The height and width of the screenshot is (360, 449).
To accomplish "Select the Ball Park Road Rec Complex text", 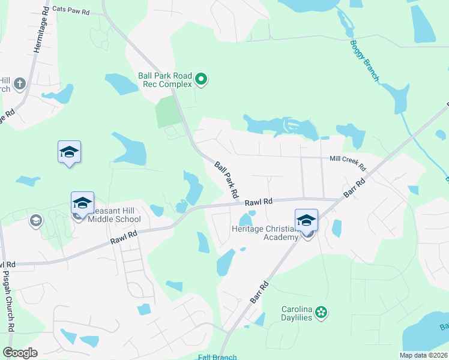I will pos(165,80).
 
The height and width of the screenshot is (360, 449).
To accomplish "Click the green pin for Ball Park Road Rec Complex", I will pos(202,79).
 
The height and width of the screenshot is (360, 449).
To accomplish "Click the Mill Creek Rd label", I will pos(348,160).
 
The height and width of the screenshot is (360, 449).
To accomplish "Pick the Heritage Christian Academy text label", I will pos(265,233).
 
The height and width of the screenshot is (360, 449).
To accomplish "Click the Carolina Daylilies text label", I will pos(297,313).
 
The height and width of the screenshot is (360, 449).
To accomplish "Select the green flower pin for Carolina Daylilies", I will pos(322,311).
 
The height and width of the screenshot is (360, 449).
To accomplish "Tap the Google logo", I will pos(20,353).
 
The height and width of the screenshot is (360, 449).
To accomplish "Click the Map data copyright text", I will pos(424,355).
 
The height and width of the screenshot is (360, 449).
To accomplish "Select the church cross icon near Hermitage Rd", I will pos(19,83).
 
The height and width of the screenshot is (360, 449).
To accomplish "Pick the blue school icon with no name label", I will pos(69,153).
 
